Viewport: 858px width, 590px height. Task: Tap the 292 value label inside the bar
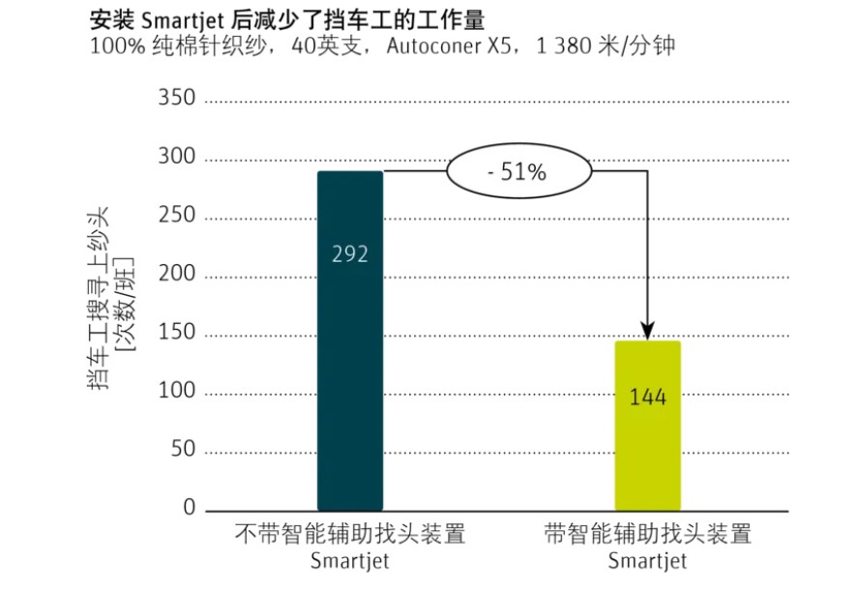350,254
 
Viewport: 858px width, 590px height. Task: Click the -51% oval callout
518,173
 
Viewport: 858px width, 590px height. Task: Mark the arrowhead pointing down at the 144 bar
648,333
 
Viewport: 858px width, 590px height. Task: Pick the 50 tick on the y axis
181,452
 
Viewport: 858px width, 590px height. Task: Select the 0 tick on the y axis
188,510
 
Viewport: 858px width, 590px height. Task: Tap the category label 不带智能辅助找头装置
350,534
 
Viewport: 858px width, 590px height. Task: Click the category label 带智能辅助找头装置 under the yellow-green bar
648,534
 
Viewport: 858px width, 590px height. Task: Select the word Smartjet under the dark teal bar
350,561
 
